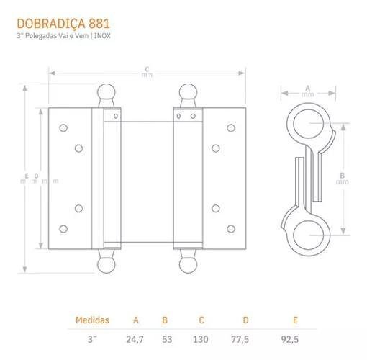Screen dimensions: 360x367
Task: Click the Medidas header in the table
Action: coord(92,319)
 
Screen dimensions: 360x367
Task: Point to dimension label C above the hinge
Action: coord(147,70)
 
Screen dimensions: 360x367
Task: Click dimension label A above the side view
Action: coord(308,88)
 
